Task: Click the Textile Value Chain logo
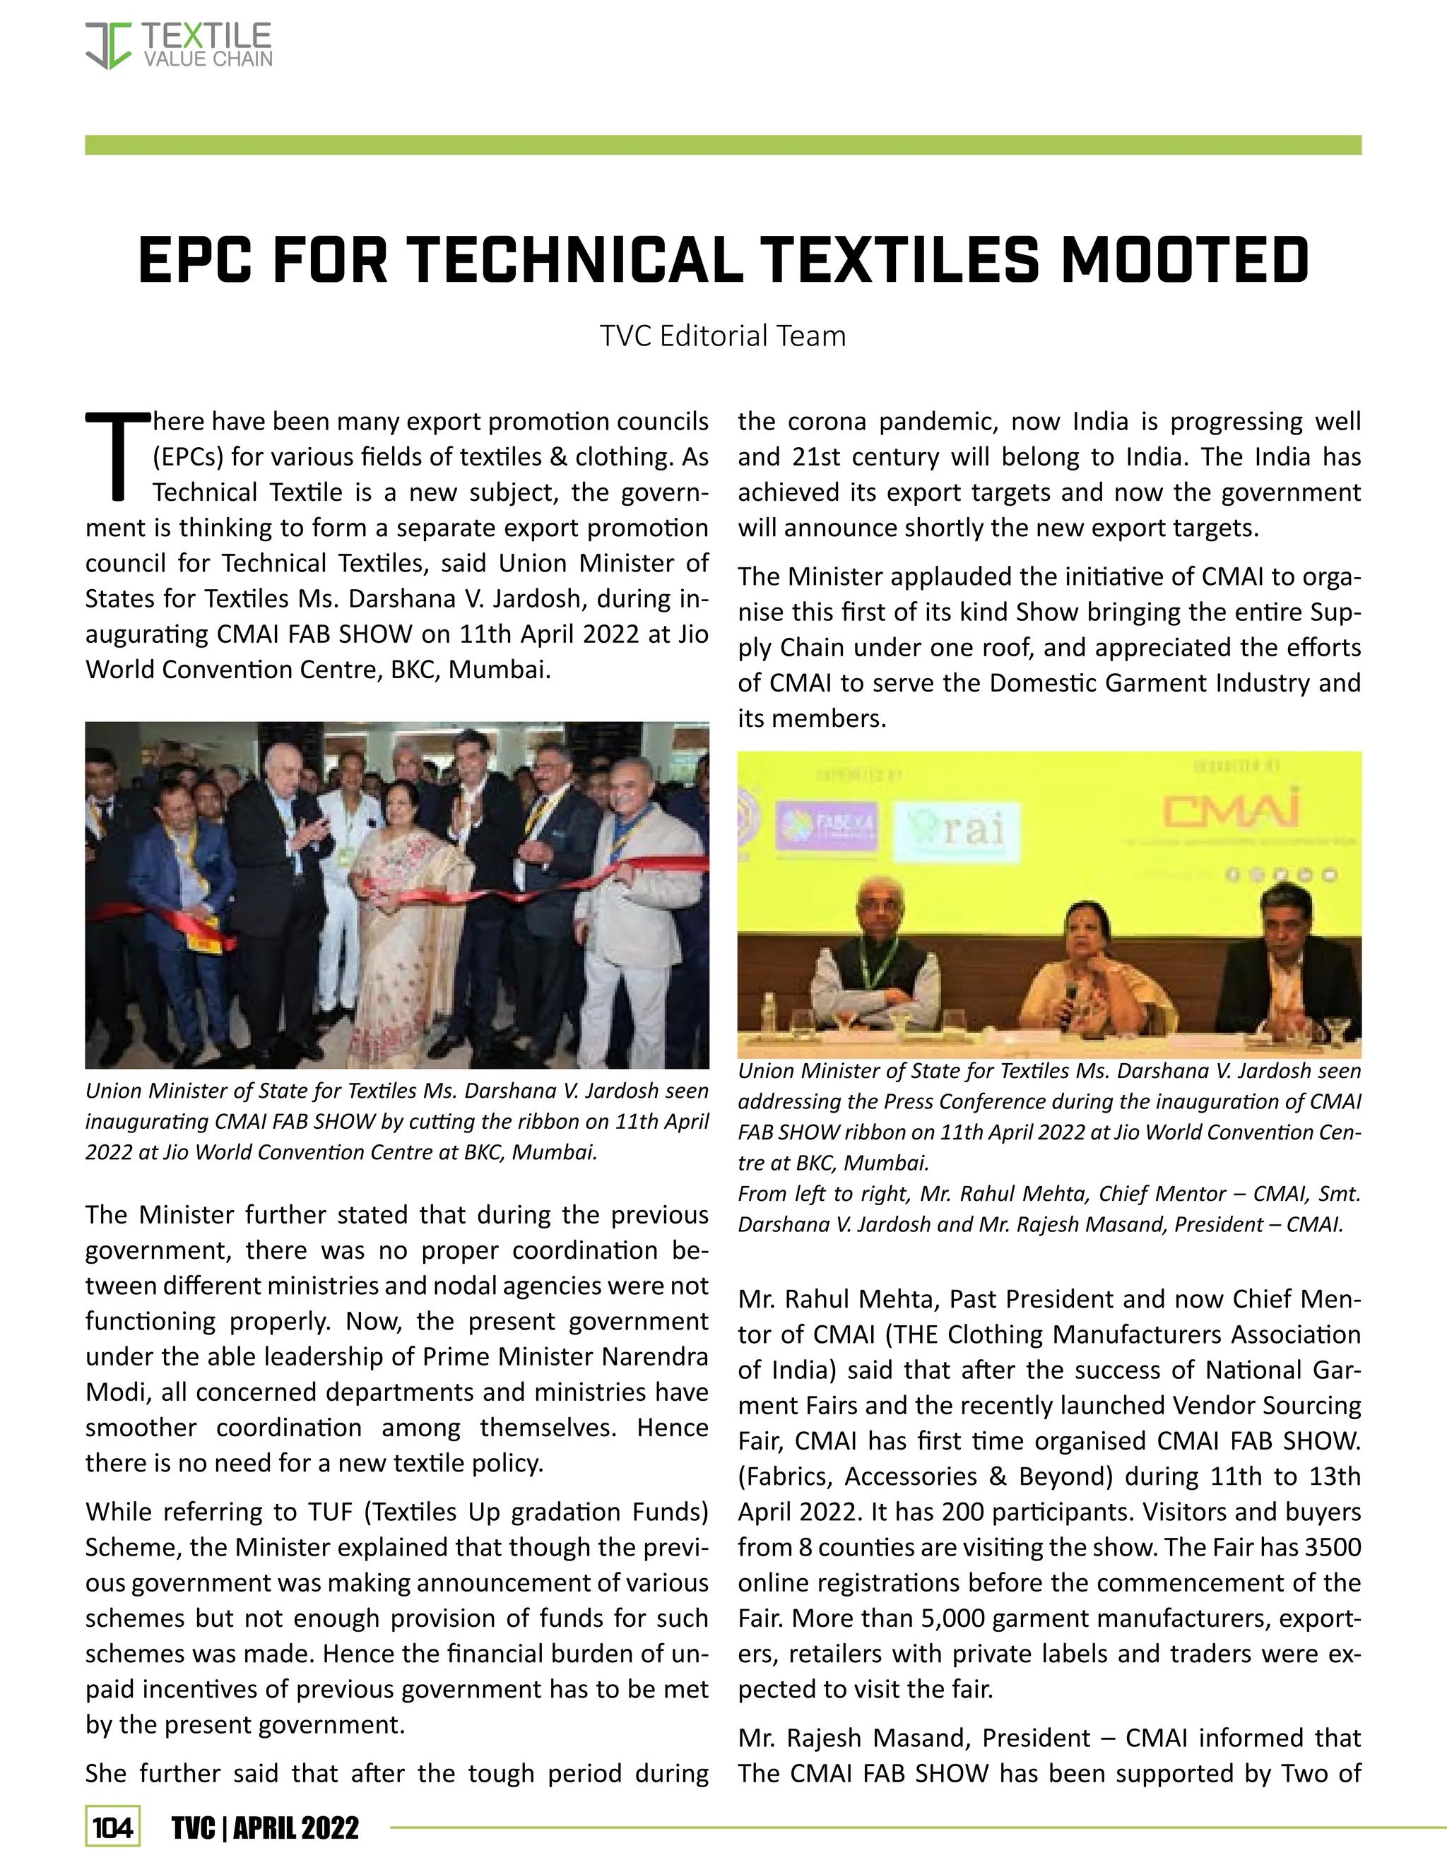tap(178, 45)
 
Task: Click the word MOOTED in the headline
tap(1185, 261)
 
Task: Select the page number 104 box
tap(112, 1828)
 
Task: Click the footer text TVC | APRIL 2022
tap(265, 1828)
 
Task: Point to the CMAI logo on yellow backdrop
tap(1230, 810)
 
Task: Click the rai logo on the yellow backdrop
tap(957, 831)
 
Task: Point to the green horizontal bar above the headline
tap(723, 145)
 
